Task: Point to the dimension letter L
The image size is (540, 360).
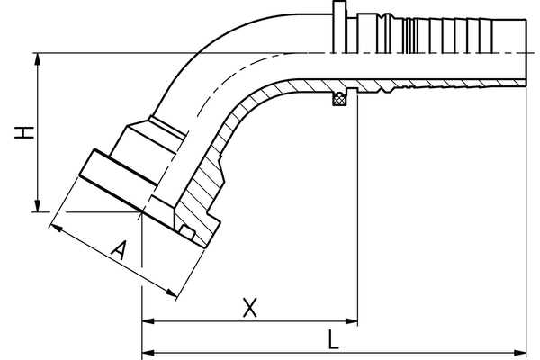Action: pos(333,339)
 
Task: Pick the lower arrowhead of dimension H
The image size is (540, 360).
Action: pos(37,208)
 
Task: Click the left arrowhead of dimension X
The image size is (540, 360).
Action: pos(148,320)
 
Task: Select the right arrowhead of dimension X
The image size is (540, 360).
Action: pos(353,320)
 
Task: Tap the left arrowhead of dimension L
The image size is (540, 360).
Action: pos(148,350)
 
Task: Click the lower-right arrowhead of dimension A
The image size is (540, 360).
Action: pos(172,295)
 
